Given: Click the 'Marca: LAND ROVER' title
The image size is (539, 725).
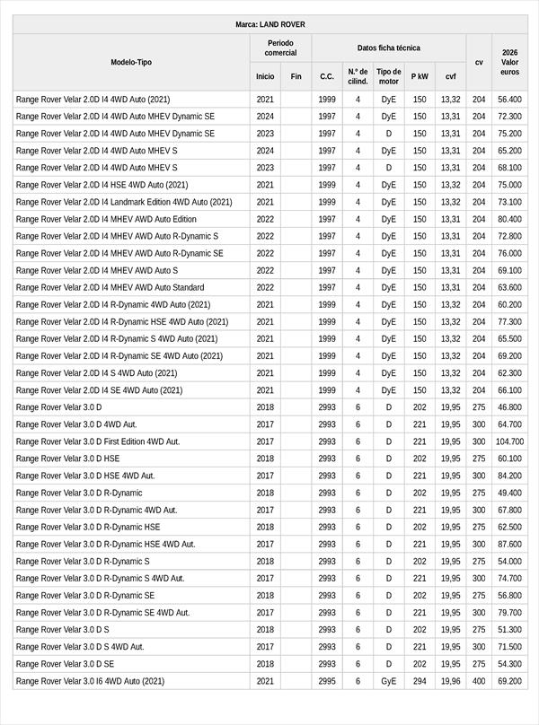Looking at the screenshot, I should (269, 24).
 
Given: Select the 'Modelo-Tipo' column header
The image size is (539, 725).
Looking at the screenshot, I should (131, 62).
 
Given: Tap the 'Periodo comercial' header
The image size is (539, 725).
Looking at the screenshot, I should (280, 48).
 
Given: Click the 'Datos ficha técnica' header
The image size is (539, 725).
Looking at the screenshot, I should (388, 48).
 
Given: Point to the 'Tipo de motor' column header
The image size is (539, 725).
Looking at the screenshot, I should (388, 76).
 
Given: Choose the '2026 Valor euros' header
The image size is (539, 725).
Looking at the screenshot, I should (509, 62).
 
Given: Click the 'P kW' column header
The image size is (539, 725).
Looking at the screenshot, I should (420, 76).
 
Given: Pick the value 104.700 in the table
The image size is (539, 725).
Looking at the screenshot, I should (509, 441).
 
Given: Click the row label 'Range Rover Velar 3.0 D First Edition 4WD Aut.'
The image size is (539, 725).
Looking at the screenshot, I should (98, 441).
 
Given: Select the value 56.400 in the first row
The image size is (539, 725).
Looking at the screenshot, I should (509, 100).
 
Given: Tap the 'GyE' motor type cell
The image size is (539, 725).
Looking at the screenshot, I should (388, 681).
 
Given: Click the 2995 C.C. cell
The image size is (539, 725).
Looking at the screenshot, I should (327, 681).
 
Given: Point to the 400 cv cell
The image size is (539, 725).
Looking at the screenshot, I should (479, 681).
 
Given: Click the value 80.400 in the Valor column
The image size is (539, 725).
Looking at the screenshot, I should (509, 219).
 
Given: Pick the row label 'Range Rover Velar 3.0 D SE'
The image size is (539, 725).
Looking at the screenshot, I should (65, 664).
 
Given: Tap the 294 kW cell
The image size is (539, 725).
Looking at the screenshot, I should (420, 681).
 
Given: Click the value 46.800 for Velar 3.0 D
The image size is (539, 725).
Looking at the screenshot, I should (509, 407).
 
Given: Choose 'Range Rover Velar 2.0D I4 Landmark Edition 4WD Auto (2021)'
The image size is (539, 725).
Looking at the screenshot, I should (124, 202).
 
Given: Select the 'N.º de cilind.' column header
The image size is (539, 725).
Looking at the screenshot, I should (358, 76).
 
